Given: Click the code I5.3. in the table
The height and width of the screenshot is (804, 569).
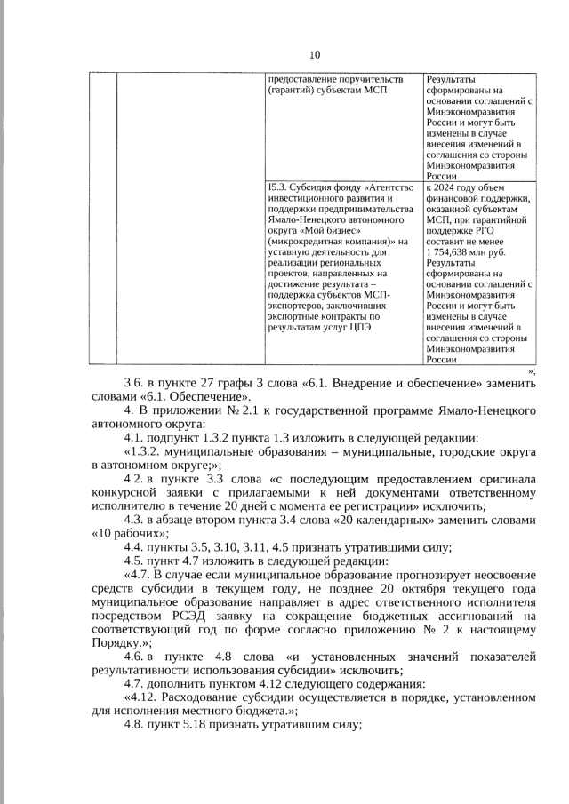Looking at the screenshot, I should click(277, 187).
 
